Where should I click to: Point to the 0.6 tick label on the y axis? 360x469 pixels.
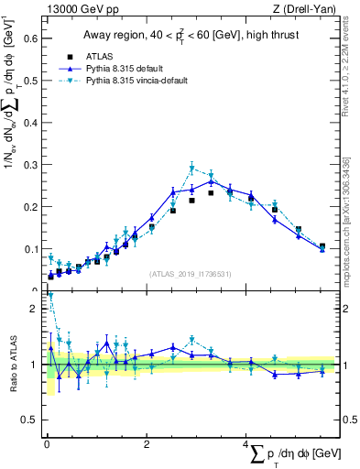pos(29,38)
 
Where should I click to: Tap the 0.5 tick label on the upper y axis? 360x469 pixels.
pos(29,81)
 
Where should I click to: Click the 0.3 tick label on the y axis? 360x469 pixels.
pos(29,165)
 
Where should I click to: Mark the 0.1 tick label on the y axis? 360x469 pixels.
pos(29,249)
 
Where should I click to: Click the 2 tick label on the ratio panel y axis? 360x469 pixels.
pos(35,309)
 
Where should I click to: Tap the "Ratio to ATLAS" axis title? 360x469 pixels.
pos(12,365)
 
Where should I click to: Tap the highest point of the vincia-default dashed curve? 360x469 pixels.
pos(191,169)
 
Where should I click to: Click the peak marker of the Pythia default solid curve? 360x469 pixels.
pos(212,181)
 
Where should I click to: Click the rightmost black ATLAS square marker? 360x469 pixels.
pos(322,246)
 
